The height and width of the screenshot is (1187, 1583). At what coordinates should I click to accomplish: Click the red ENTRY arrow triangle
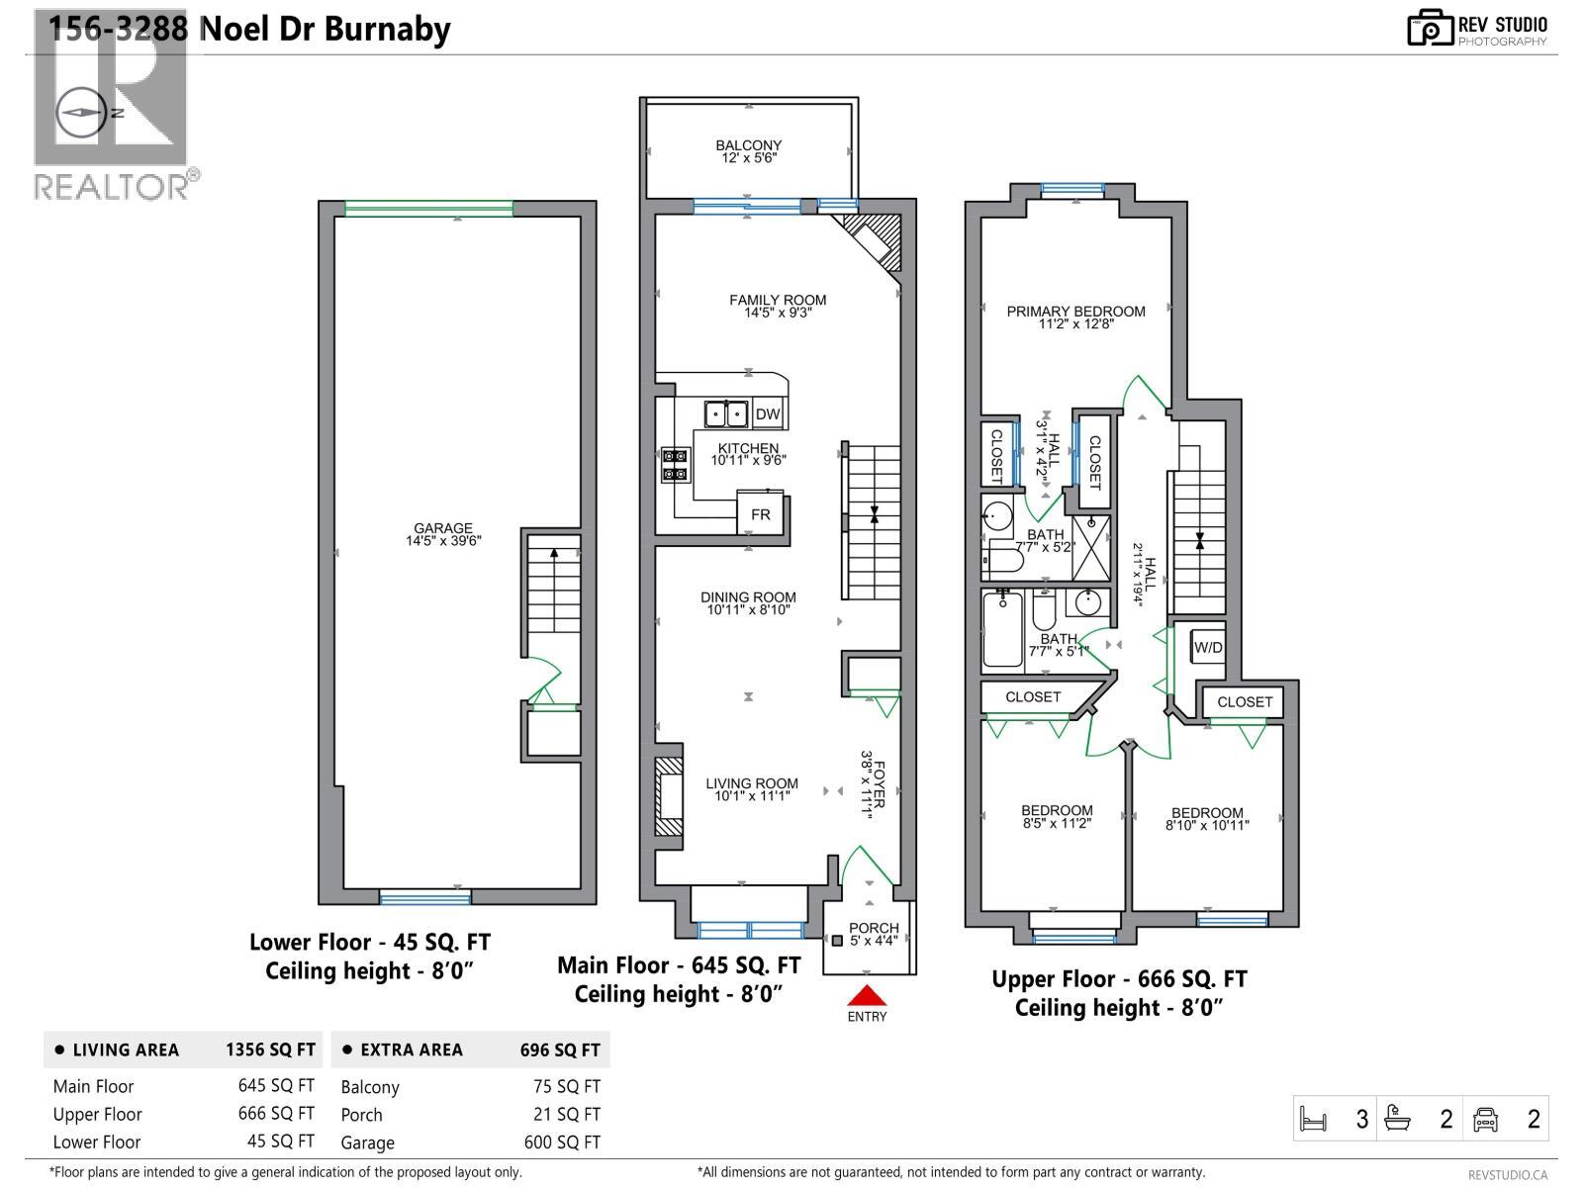tap(867, 995)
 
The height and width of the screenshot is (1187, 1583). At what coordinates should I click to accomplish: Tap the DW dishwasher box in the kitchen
tap(768, 414)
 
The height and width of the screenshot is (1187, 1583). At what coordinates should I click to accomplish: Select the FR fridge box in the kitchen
tap(760, 514)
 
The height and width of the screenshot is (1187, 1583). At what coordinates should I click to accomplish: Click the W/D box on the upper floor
tap(1208, 648)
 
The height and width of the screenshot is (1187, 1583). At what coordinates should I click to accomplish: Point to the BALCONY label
tap(749, 145)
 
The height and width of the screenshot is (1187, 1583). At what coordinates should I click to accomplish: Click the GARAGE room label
tap(443, 528)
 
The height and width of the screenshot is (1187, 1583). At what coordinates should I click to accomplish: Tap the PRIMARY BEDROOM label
tap(1075, 312)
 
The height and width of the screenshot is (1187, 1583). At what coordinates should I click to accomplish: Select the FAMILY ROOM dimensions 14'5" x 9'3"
tap(778, 314)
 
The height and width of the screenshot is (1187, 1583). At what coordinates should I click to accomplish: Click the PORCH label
tap(874, 928)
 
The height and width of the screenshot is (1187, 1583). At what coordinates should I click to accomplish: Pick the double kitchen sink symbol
tap(725, 413)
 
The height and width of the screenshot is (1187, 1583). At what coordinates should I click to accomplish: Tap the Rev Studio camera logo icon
tap(1430, 28)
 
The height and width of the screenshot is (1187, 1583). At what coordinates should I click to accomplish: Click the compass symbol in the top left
tap(81, 113)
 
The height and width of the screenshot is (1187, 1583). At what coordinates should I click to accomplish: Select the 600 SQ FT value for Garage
tap(562, 1141)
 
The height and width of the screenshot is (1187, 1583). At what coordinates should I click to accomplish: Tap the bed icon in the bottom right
tap(1313, 1120)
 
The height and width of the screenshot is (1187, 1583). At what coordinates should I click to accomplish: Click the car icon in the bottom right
tap(1485, 1120)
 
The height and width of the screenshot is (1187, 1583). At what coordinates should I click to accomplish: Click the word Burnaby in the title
tap(390, 29)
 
